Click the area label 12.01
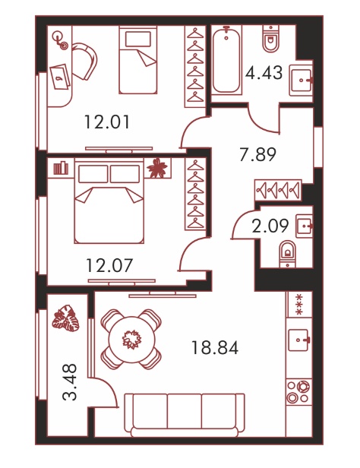point(107,122)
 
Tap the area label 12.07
point(109,265)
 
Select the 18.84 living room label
point(215,348)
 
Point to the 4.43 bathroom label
point(264,73)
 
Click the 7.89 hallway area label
point(258,154)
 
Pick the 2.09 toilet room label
point(270,226)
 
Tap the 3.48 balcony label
point(71,382)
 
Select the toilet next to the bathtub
point(271,38)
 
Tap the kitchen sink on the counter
point(298,340)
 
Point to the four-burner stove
point(298,391)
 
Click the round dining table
point(131,339)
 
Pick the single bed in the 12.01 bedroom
point(138,60)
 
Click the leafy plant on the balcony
point(66,318)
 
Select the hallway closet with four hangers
point(278,190)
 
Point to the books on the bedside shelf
point(61,168)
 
